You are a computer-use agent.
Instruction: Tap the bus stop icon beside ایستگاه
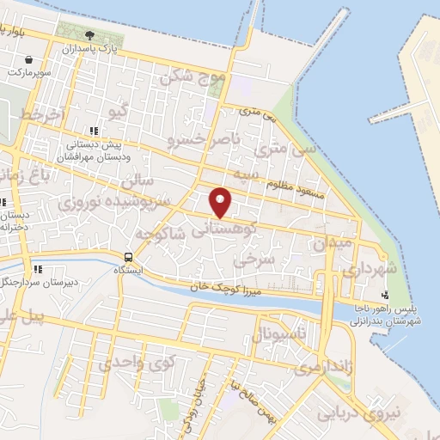(128, 256)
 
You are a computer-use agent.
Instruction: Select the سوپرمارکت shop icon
(29, 60)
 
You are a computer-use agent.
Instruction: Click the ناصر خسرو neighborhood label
(199, 137)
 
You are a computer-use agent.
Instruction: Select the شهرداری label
(370, 269)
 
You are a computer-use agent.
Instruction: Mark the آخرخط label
(43, 115)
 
